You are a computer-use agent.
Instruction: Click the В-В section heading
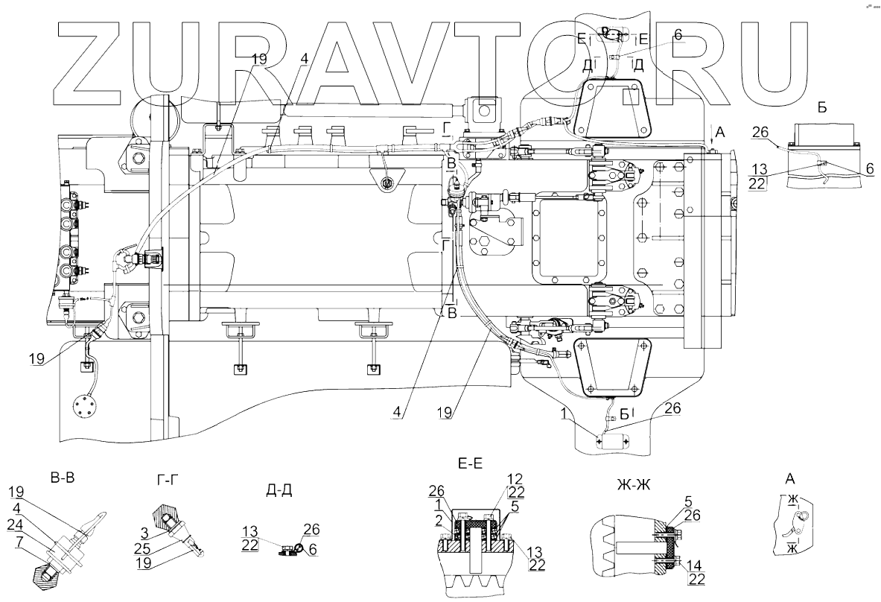(63, 476)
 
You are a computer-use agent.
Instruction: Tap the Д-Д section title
(277, 489)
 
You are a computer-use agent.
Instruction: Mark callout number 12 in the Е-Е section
(515, 478)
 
